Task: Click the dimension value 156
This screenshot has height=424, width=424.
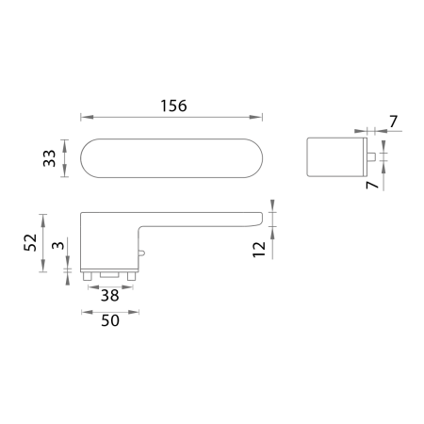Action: tap(170, 106)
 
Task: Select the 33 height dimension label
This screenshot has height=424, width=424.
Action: tap(48, 156)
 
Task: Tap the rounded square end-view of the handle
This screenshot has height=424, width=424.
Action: tap(336, 156)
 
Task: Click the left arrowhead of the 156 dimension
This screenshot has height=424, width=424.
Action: tap(83, 117)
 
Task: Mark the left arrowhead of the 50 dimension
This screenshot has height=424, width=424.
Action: tap(83, 309)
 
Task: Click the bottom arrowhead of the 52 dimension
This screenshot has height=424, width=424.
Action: tap(43, 269)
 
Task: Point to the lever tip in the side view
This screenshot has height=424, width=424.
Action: tap(257, 220)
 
